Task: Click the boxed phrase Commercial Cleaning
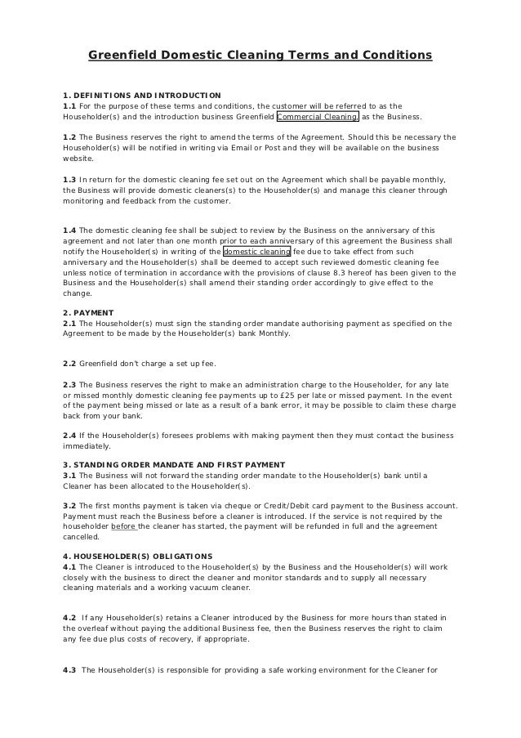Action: coord(318,116)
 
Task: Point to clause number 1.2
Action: coord(69,136)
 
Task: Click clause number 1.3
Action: coord(69,179)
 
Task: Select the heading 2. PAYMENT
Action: coord(88,313)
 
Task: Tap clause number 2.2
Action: coord(69,363)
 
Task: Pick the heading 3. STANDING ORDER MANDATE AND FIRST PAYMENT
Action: coord(174,464)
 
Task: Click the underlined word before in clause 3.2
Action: coord(124,526)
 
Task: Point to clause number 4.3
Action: coord(69,671)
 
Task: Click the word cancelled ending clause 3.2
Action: coord(81,537)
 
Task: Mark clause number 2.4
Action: coord(69,436)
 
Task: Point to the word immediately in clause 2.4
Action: coord(87,446)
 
